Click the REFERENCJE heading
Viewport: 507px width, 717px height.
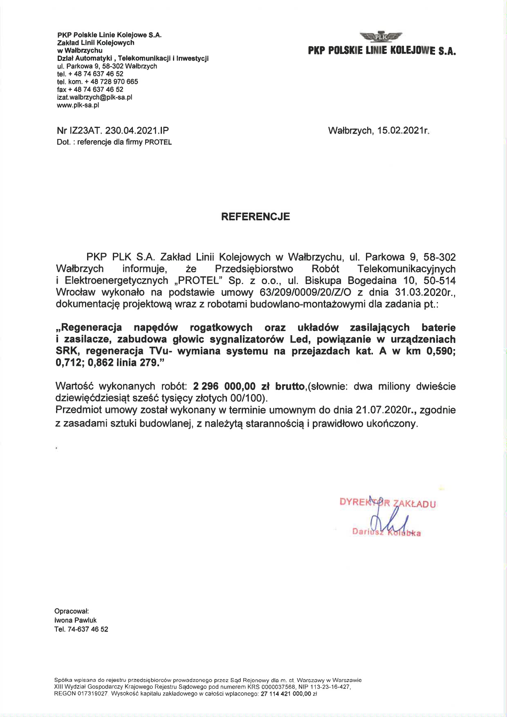pyautogui.click(x=256, y=217)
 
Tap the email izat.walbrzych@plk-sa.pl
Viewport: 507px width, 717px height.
pyautogui.click(x=94, y=97)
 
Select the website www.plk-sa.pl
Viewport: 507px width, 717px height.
pyautogui.click(x=78, y=105)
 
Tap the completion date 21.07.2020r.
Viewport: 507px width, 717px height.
pyautogui.click(x=386, y=410)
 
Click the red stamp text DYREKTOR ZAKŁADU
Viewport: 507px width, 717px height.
pyautogui.click(x=388, y=503)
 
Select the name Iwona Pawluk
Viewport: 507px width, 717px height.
pyautogui.click(x=76, y=620)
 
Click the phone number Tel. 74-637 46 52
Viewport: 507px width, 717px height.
pyautogui.click(x=81, y=629)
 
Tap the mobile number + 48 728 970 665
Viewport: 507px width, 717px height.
pyautogui.click(x=112, y=82)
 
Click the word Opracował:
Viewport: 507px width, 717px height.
pyautogui.click(x=72, y=611)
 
